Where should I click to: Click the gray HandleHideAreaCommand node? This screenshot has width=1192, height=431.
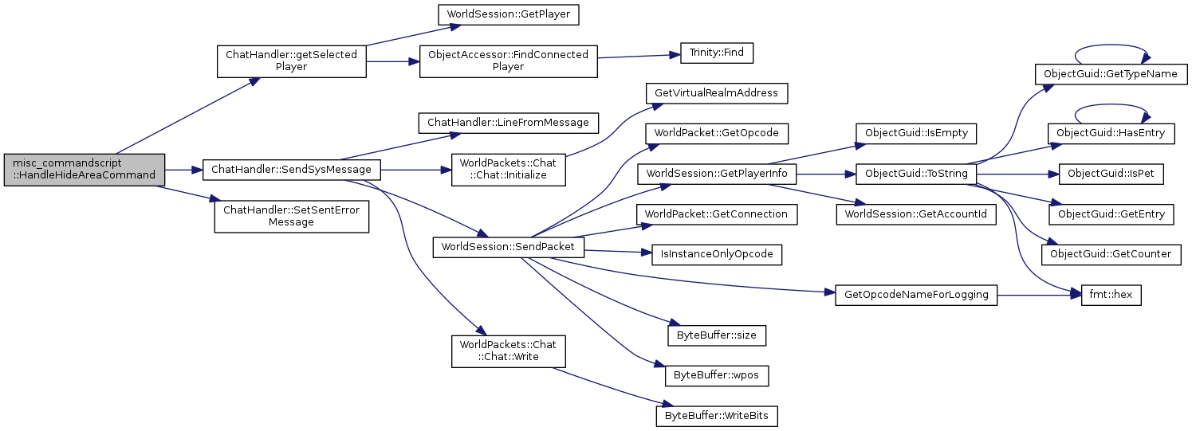coord(84,169)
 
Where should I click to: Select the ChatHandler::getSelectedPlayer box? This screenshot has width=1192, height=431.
coord(292,61)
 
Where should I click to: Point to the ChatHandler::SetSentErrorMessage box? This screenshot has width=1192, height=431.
coord(291,216)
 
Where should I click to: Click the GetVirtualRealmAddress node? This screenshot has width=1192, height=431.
coord(716,93)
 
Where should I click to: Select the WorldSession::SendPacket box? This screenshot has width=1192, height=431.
coord(509,247)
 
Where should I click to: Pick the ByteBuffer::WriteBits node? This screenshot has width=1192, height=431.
coord(716,416)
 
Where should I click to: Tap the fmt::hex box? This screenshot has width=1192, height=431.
coord(1111,295)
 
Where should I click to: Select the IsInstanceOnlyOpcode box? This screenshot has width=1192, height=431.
coord(716,255)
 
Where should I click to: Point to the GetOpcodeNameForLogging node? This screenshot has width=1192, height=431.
coord(915,295)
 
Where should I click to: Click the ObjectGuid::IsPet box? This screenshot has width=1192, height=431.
coord(1111,174)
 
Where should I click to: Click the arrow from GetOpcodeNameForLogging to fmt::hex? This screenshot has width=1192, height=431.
coord(1037,295)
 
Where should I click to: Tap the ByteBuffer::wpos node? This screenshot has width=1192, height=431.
coord(716,374)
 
